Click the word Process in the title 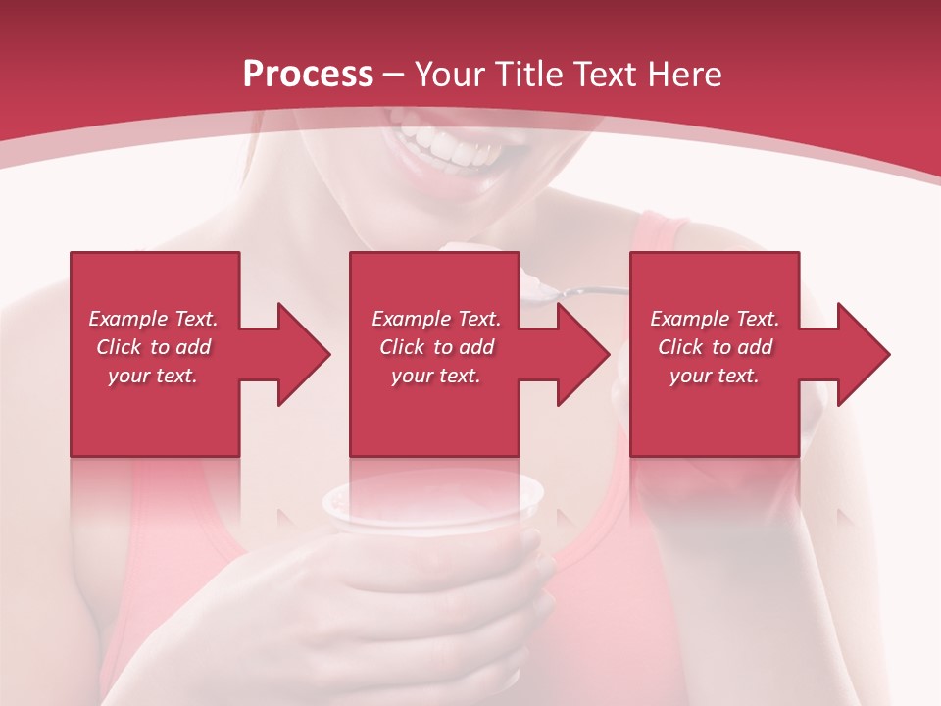(308, 74)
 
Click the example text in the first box (153, 347)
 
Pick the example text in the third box (715, 347)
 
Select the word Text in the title (611, 74)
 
